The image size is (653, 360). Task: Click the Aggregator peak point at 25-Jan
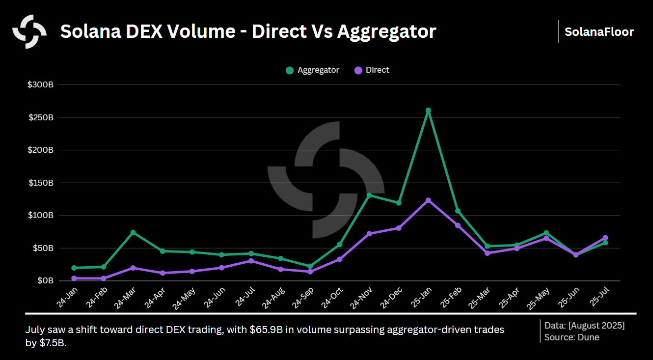pyautogui.click(x=428, y=111)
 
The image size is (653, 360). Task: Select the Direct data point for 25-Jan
pyautogui.click(x=428, y=200)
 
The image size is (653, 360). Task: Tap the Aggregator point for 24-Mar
pyautogui.click(x=133, y=232)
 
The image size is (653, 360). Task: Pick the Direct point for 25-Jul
pyautogui.click(x=605, y=238)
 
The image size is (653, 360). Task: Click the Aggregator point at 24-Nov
pyautogui.click(x=369, y=195)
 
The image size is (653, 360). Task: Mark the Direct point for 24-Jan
pyautogui.click(x=74, y=278)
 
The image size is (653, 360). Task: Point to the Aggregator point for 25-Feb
pyautogui.click(x=458, y=211)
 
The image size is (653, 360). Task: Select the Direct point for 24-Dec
pyautogui.click(x=399, y=228)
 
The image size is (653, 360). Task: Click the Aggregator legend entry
pyautogui.click(x=313, y=70)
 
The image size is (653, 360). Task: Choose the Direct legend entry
pyautogui.click(x=372, y=70)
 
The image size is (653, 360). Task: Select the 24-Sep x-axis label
pyautogui.click(x=302, y=298)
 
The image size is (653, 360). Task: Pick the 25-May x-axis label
pyautogui.click(x=538, y=298)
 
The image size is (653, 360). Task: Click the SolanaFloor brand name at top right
pyautogui.click(x=599, y=32)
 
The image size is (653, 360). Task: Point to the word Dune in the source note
pyautogui.click(x=589, y=337)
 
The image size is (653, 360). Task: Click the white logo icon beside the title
pyautogui.click(x=29, y=31)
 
